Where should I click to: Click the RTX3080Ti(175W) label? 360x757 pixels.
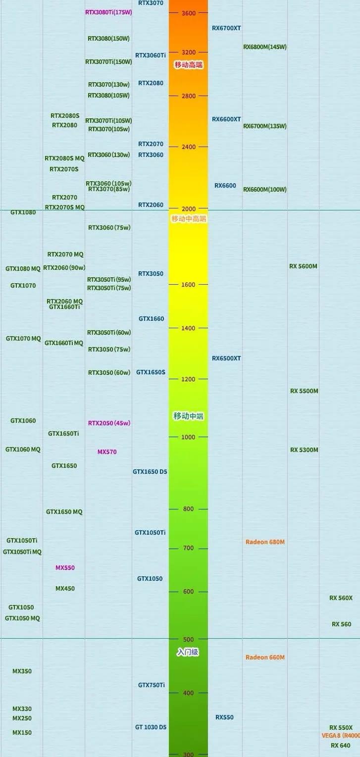tap(108, 12)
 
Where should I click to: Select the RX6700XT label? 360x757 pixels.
tap(226, 28)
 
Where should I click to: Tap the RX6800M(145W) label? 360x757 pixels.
tap(264, 47)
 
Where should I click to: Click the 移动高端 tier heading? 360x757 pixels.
tap(188, 65)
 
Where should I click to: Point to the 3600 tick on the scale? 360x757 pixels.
tap(189, 13)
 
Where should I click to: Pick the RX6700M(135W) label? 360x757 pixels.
tap(264, 126)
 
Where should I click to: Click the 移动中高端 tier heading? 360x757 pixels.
tap(188, 219)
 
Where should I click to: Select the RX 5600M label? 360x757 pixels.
tap(303, 266)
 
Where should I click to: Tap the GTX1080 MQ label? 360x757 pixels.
tap(23, 269)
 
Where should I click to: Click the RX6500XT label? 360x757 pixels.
tap(226, 358)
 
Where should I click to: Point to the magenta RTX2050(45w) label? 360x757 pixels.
tap(109, 423)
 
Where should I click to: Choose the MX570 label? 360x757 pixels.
tap(107, 452)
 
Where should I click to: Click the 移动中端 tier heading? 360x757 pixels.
tap(188, 416)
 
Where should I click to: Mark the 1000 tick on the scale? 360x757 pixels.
tap(188, 437)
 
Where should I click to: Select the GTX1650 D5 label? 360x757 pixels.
tap(150, 472)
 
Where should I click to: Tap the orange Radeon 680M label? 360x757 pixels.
tap(265, 542)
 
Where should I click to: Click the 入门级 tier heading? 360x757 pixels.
tap(188, 653)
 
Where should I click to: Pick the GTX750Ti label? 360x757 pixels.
tap(151, 685)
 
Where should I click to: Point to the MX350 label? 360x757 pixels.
tap(22, 671)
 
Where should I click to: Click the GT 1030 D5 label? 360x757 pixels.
tap(151, 727)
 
